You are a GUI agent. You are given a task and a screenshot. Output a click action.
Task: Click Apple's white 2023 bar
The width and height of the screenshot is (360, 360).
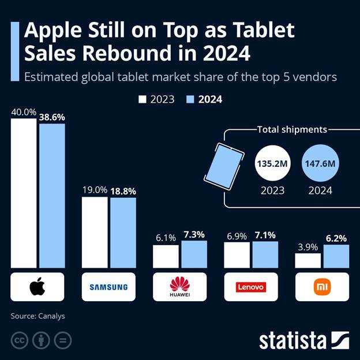point(24,193)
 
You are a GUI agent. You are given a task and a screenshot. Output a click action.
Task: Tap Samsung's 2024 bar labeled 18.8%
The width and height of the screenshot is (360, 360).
point(123,233)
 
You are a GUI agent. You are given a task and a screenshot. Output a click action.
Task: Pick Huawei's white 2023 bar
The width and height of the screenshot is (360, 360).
point(166,257)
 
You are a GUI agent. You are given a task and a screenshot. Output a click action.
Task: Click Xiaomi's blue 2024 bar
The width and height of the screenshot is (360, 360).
point(336,257)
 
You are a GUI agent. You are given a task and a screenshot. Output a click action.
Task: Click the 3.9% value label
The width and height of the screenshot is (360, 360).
point(307,246)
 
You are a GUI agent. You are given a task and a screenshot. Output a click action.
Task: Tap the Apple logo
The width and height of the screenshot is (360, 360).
point(37,287)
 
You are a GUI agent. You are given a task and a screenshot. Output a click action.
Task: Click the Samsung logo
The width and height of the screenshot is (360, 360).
point(108,287)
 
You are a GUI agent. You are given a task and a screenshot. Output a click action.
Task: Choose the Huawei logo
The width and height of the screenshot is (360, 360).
point(179,286)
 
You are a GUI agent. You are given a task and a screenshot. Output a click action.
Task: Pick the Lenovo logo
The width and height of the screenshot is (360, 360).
point(251,287)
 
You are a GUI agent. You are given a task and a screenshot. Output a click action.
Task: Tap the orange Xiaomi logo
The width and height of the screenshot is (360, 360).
point(322,287)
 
